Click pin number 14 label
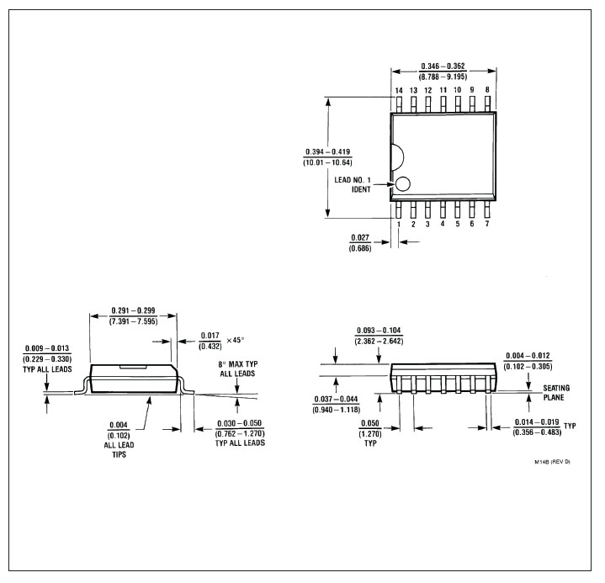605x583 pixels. (399, 90)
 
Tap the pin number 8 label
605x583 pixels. (487, 89)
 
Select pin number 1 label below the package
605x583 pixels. (399, 224)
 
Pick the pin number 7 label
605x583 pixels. (487, 224)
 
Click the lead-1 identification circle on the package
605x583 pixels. (403, 184)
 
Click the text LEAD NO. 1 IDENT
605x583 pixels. (353, 184)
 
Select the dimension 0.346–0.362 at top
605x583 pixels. (443, 66)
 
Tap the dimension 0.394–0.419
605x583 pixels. (328, 151)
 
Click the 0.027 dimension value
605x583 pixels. (360, 238)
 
